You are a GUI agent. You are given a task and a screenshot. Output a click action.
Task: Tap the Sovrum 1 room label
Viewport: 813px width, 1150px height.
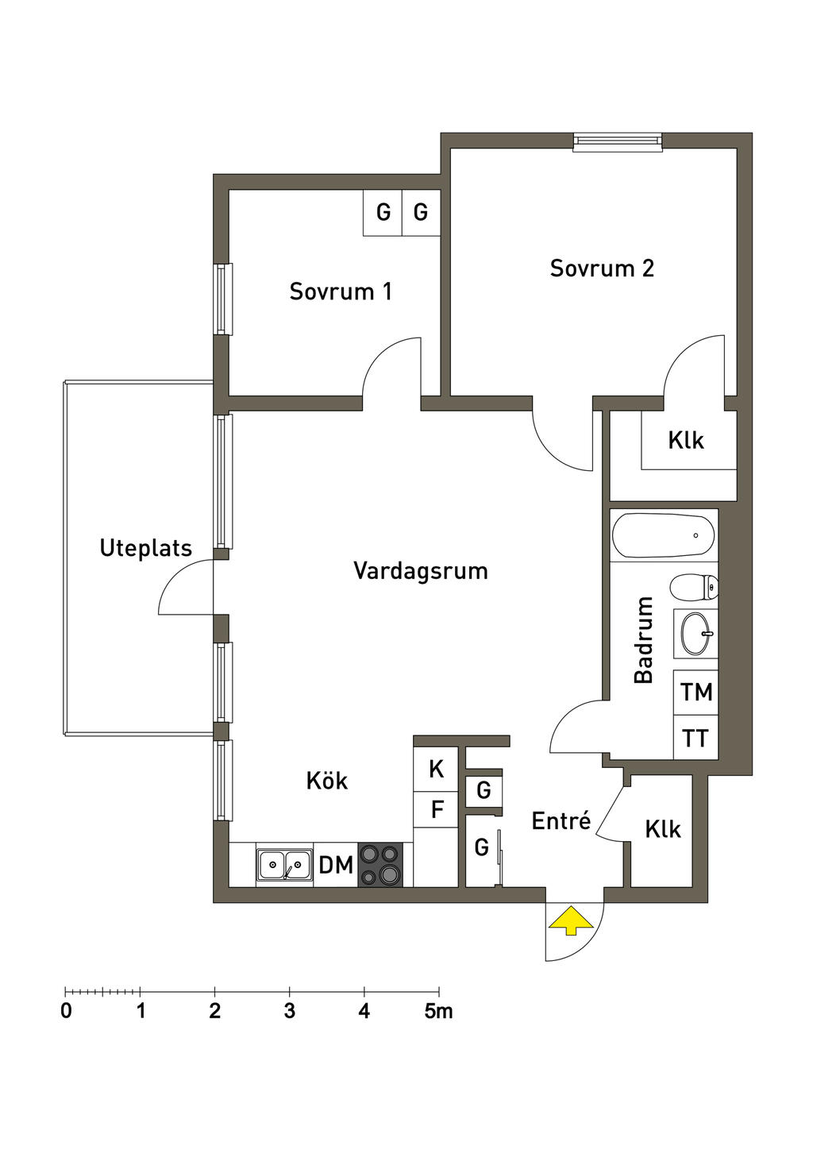click(341, 291)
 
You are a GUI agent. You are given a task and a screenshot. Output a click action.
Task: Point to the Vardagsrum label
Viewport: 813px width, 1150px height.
click(420, 571)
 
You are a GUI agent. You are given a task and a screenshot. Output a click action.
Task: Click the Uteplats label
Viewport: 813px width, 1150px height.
click(146, 548)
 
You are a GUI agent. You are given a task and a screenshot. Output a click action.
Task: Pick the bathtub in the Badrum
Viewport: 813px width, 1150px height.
click(663, 535)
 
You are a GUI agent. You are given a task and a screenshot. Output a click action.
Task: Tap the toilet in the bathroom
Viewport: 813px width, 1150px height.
click(694, 587)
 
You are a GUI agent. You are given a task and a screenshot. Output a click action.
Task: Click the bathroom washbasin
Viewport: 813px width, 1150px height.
click(696, 634)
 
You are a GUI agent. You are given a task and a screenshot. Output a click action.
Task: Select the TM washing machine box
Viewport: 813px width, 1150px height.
click(696, 692)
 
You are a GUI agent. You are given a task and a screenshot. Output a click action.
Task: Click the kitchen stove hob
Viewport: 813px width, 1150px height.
click(380, 865)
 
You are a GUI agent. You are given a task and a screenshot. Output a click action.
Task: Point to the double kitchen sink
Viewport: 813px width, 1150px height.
click(284, 865)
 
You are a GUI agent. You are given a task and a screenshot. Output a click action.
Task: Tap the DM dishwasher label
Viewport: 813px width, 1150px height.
click(336, 865)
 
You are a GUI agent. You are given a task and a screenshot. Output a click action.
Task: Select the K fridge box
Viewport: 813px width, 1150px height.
click(436, 769)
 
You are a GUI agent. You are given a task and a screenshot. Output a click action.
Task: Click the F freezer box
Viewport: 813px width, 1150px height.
click(436, 809)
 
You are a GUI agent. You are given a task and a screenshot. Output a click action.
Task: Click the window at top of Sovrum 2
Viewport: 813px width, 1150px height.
click(618, 142)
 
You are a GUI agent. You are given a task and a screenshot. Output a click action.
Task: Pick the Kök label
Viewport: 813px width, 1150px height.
click(327, 781)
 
